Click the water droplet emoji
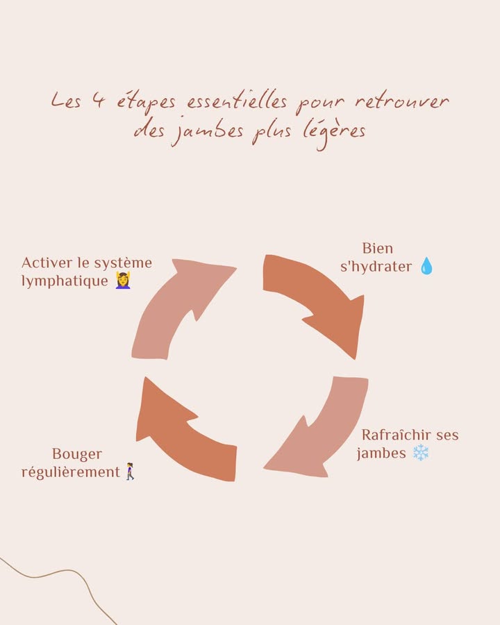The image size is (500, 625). [x=426, y=266]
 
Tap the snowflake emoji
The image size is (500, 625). [x=420, y=453]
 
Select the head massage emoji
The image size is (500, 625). [x=123, y=280]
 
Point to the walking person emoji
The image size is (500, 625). [x=130, y=472]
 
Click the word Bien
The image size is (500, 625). [x=378, y=249]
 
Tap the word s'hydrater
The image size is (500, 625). [x=376, y=267]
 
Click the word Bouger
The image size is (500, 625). [x=77, y=454]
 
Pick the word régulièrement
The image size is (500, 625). [x=71, y=472]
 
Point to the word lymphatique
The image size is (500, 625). [x=65, y=281]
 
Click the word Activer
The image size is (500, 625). [x=47, y=262]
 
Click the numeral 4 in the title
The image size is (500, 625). [x=99, y=100]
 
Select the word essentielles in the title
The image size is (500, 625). [x=237, y=101]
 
